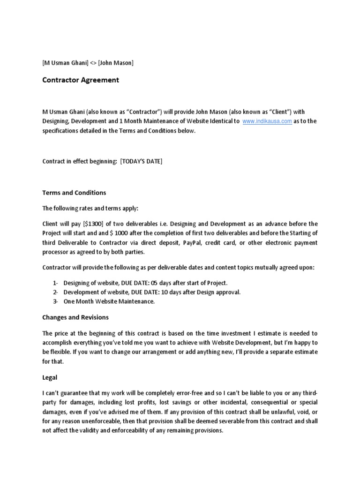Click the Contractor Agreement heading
coord(81,80)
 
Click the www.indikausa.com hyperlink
coord(267,121)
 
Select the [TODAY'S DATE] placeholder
coord(141,161)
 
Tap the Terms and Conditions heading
coord(74,193)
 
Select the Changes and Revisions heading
coord(75,317)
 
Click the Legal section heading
coord(50,376)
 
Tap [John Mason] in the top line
coord(116,63)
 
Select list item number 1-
coord(55,283)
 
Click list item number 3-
coord(55,301)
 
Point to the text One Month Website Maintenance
coord(109,301)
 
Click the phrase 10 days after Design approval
coord(202,292)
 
